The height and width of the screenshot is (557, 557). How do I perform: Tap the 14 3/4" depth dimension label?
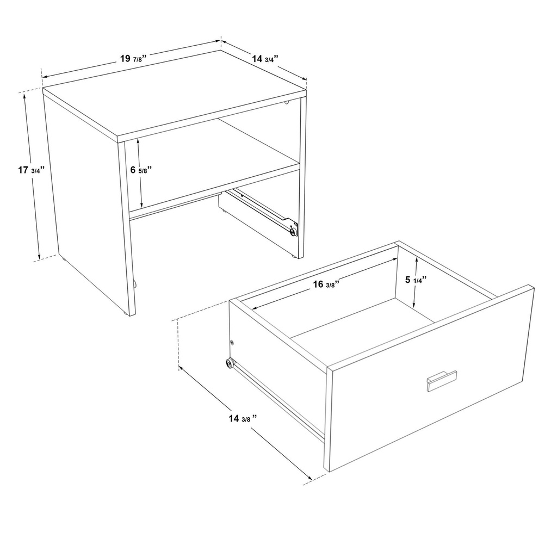265,59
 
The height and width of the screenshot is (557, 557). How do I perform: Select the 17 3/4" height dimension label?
31,170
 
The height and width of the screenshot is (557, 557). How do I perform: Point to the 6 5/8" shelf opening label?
141,170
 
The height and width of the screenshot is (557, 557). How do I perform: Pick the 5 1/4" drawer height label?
416,280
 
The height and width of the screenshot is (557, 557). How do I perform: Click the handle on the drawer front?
442,380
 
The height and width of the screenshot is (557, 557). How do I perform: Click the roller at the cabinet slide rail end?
293,232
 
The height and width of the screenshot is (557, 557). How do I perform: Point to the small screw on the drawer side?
232,342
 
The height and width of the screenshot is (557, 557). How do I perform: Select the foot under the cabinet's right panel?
293,256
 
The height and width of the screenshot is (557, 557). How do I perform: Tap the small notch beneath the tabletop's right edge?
287,103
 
